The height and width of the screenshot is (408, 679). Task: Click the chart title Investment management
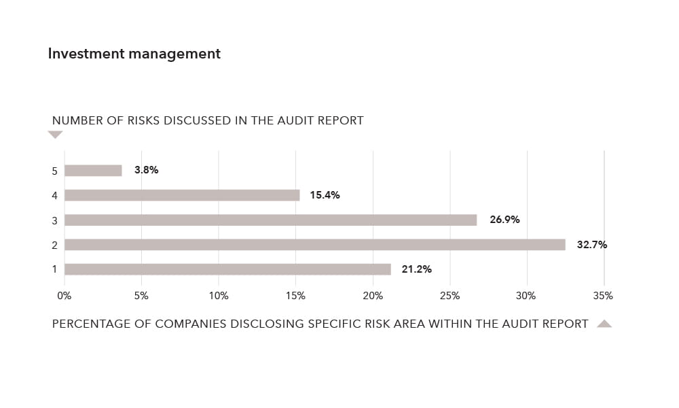tap(134, 54)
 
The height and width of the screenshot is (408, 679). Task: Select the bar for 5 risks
tap(93, 171)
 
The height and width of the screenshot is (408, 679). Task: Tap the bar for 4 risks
tap(182, 195)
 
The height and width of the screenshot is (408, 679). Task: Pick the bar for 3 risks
tap(270, 220)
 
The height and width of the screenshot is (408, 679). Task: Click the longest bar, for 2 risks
tap(314, 245)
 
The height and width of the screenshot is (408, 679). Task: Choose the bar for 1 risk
tap(227, 269)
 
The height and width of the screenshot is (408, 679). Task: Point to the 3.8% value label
tap(146, 170)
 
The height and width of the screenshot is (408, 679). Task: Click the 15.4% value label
tap(325, 195)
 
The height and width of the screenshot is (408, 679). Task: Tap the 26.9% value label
tap(504, 220)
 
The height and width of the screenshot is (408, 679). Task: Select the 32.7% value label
tap(592, 245)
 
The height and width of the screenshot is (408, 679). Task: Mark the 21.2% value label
tap(416, 269)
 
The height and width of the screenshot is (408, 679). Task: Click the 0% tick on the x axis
tap(64, 296)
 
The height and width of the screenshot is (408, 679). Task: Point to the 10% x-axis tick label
tap(219, 296)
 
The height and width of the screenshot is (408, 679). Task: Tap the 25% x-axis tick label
tap(449, 296)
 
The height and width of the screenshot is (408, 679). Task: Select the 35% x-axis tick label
tap(603, 296)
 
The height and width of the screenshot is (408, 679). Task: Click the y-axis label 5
tap(54, 171)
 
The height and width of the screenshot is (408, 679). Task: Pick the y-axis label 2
tap(54, 245)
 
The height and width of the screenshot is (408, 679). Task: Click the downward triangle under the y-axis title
tap(55, 135)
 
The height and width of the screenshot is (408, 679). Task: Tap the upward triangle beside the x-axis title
tap(604, 324)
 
